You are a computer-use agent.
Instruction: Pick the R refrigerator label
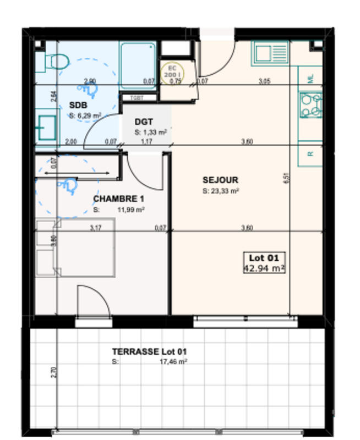point(310,155)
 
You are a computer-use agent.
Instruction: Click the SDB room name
point(78,105)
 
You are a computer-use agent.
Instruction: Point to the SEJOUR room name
point(220,180)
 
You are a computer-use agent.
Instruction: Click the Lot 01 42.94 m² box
point(265,263)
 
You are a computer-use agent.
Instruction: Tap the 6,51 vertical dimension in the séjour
point(286,178)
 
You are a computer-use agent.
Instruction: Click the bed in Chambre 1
point(75,247)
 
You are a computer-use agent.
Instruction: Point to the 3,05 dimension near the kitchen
point(264,81)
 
